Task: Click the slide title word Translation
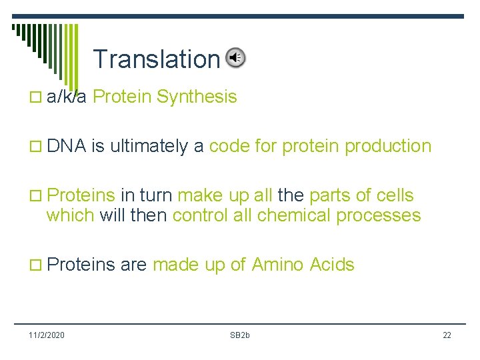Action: pos(156,59)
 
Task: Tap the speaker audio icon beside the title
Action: pos(235,58)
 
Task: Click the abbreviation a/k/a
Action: pos(67,97)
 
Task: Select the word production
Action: pos(388,147)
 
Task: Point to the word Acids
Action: pos(332,265)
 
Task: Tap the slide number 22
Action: pos(447,335)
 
